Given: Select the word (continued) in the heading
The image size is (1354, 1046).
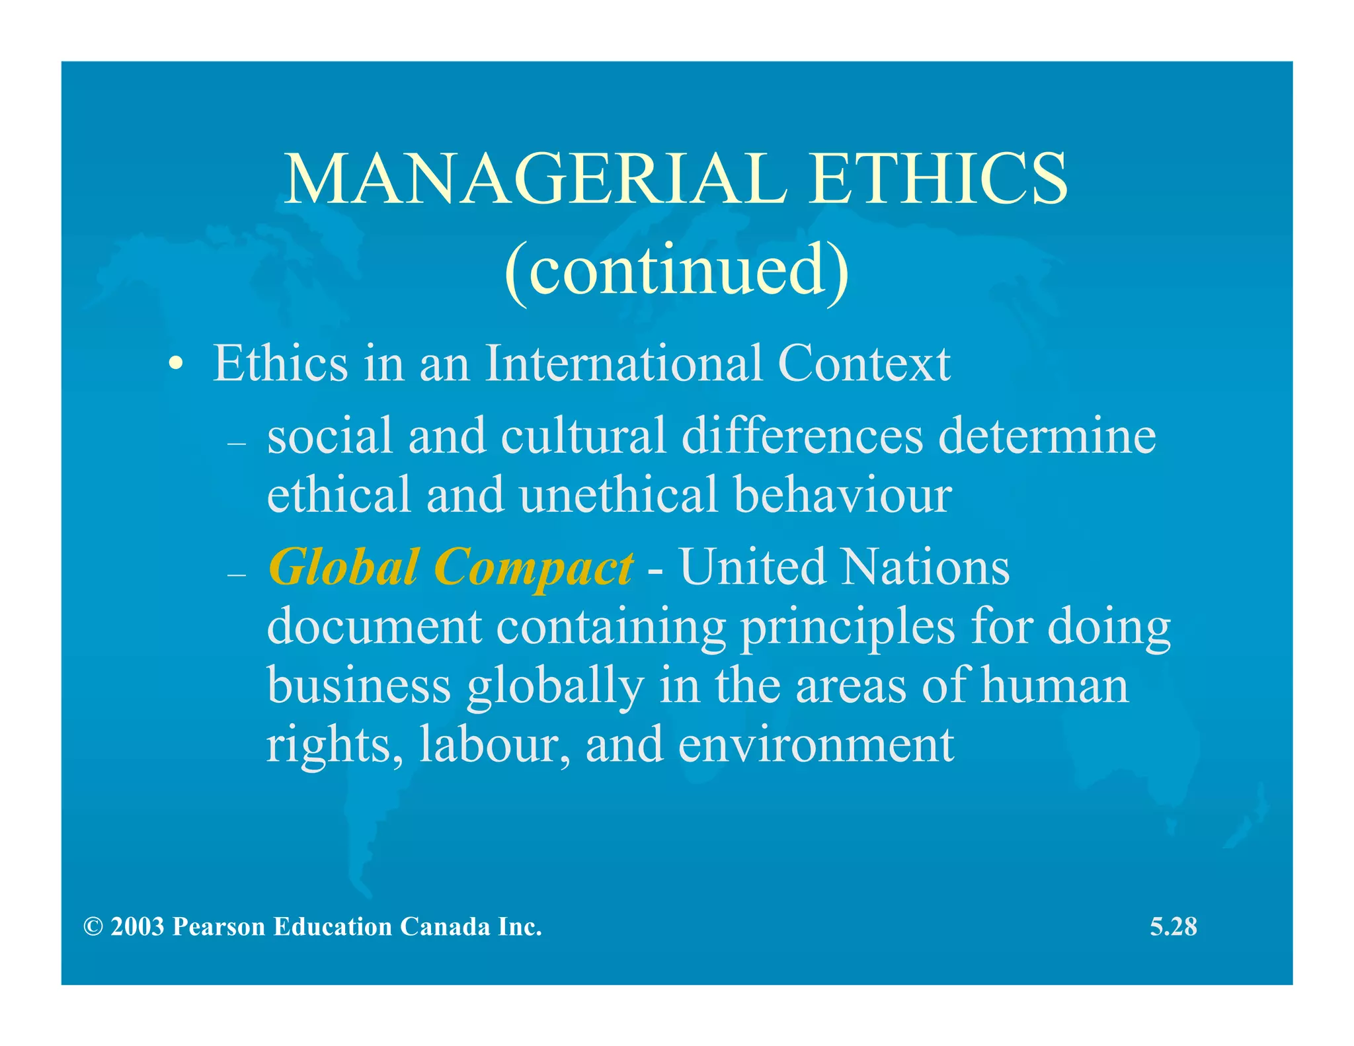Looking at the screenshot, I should (x=676, y=270).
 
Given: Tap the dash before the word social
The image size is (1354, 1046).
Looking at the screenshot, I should (x=236, y=444).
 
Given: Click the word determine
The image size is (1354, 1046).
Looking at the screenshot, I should (x=1047, y=436).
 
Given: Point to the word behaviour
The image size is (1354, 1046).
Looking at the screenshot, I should (x=843, y=495).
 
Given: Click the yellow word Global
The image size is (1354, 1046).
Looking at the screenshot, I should (x=344, y=567).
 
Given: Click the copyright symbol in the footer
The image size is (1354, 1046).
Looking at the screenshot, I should (x=93, y=926).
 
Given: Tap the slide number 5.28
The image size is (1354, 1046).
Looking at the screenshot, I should (x=1173, y=926).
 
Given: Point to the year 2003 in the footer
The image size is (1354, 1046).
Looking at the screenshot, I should (x=138, y=926).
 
